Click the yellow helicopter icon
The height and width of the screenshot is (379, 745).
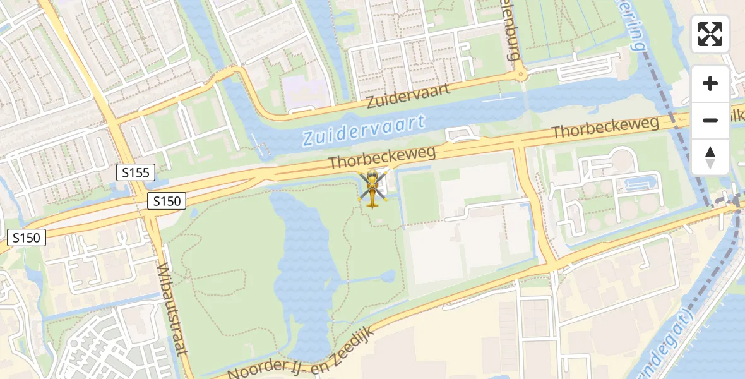pyautogui.click(x=372, y=188)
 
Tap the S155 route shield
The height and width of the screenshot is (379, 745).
pyautogui.click(x=135, y=171)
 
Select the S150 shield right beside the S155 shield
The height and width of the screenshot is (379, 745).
pyautogui.click(x=167, y=202)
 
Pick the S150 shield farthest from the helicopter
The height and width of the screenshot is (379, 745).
pyautogui.click(x=27, y=238)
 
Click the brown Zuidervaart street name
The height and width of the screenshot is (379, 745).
pyautogui.click(x=409, y=96)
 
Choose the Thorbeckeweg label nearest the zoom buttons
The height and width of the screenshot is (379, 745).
pyautogui.click(x=605, y=128)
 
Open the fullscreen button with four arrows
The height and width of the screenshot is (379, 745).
pyautogui.click(x=710, y=34)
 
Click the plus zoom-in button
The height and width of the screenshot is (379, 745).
pyautogui.click(x=710, y=83)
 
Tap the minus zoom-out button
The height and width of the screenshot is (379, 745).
pyautogui.click(x=710, y=120)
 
